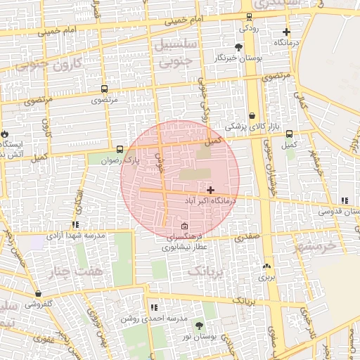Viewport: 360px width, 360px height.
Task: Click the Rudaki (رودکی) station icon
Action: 249,17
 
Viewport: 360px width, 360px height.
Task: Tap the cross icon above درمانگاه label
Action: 286,32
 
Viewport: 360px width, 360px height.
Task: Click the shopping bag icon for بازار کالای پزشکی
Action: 252,115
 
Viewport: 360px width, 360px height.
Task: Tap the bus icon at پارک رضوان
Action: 120,149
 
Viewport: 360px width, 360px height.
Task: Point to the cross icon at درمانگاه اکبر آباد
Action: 210,190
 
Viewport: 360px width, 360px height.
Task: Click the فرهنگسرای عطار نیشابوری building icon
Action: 184,226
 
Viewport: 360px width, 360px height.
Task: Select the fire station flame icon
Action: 5,134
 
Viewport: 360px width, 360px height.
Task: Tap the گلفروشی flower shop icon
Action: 38,294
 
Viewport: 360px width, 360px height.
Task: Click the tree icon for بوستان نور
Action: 198,326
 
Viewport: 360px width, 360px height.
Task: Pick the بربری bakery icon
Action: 266,266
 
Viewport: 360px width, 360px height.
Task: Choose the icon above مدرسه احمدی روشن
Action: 154,307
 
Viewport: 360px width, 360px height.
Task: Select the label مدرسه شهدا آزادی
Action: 77,236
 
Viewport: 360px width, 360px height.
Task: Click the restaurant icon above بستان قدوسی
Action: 344,200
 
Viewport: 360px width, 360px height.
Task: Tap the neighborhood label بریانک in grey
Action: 209,270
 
